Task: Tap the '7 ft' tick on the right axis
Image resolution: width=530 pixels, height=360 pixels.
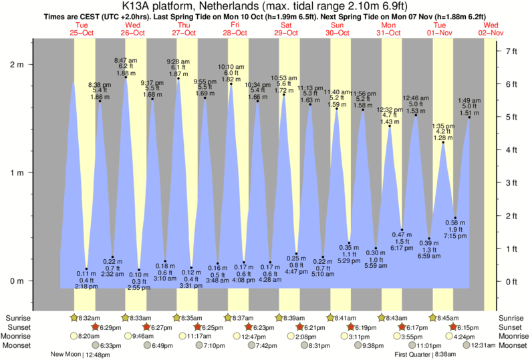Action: pyautogui.click(x=511, y=51)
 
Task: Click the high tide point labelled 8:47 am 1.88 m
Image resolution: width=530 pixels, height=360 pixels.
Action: pyautogui.click(x=126, y=77)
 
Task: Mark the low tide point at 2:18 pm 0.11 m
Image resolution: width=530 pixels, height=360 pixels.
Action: pyautogui.click(x=86, y=268)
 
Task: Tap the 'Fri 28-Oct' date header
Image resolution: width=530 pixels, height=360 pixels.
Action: pyautogui.click(x=235, y=28)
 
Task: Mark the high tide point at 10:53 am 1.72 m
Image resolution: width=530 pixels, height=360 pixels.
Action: pyautogui.click(x=283, y=94)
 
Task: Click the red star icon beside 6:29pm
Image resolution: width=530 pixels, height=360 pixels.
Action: pyautogui.click(x=96, y=327)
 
